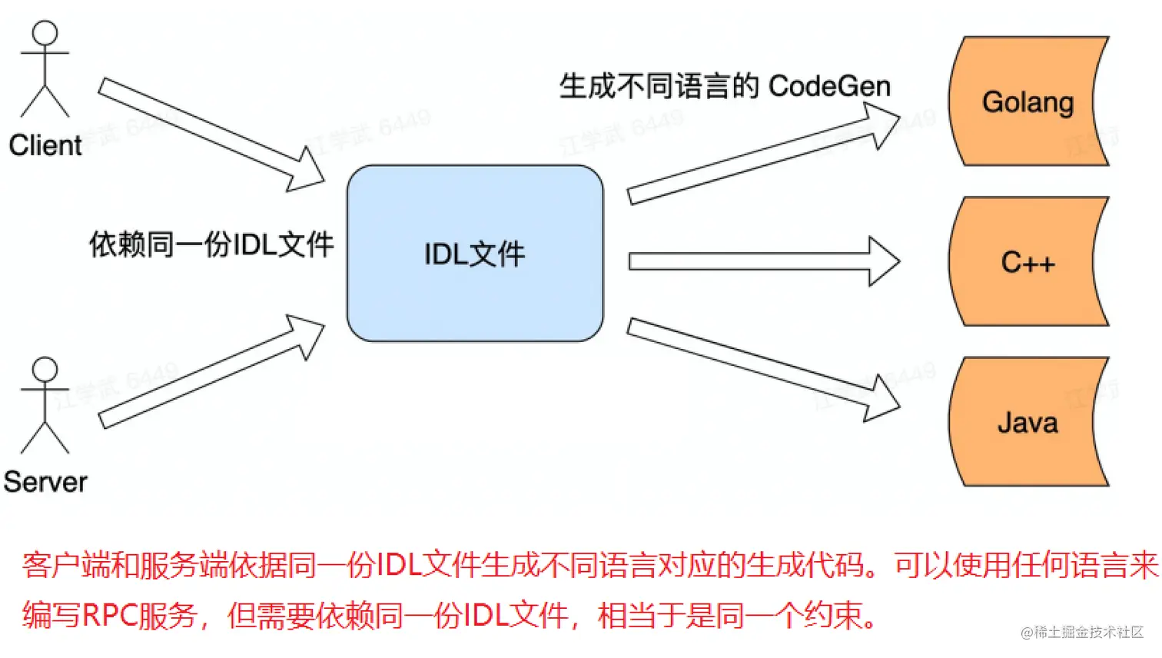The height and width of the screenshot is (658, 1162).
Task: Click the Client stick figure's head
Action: click(45, 33)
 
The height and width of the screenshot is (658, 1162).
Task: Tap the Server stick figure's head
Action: click(45, 369)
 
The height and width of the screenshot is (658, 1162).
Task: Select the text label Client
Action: click(45, 145)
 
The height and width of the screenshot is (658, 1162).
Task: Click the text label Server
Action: click(45, 482)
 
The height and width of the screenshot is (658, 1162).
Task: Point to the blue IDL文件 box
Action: click(475, 253)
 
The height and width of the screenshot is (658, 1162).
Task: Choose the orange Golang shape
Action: click(1028, 101)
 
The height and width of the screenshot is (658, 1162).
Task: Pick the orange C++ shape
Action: click(1028, 262)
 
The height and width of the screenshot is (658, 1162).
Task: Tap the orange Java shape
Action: click(1028, 422)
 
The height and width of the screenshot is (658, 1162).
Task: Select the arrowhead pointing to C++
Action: click(884, 261)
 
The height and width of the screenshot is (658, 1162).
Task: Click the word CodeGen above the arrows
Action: click(829, 86)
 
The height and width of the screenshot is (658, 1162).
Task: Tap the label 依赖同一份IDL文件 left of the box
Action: click(211, 244)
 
